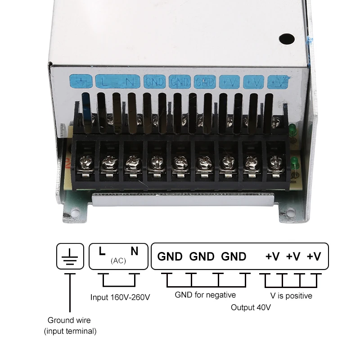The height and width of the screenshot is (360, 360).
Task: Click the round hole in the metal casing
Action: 287,39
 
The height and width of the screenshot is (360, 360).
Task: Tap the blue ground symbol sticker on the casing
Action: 81,81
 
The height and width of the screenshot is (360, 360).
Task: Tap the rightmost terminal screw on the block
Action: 276,162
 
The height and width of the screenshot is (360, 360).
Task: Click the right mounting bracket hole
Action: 291,211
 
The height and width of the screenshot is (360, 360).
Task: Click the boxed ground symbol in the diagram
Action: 70,256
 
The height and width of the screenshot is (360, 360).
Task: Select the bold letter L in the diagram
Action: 102,251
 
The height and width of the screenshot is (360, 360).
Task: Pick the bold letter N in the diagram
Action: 135,251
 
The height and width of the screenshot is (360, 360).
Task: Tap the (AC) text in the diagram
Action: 118,261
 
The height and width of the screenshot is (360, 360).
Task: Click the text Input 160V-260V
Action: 120,297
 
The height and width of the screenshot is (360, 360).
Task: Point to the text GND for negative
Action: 205,295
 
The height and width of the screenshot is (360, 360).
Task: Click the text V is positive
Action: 291,296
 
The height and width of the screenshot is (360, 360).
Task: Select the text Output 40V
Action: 251,307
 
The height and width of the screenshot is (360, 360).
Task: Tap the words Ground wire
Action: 69,320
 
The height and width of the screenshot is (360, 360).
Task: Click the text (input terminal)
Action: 70,331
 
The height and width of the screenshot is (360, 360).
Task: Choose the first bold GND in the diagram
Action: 170,256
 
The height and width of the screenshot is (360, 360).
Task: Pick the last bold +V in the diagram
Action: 314,256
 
